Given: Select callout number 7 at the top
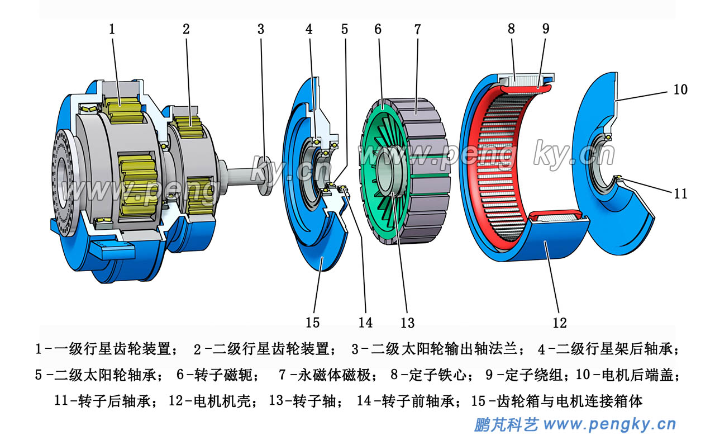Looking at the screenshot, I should pos(417,29).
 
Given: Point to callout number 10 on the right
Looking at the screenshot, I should pos(680,89).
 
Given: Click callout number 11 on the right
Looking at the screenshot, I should pos(680,194).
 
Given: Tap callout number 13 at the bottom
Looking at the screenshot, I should pos(408,323).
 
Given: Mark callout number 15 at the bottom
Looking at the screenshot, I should pos(313,323).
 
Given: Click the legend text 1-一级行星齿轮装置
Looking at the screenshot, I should pos(106,349).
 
